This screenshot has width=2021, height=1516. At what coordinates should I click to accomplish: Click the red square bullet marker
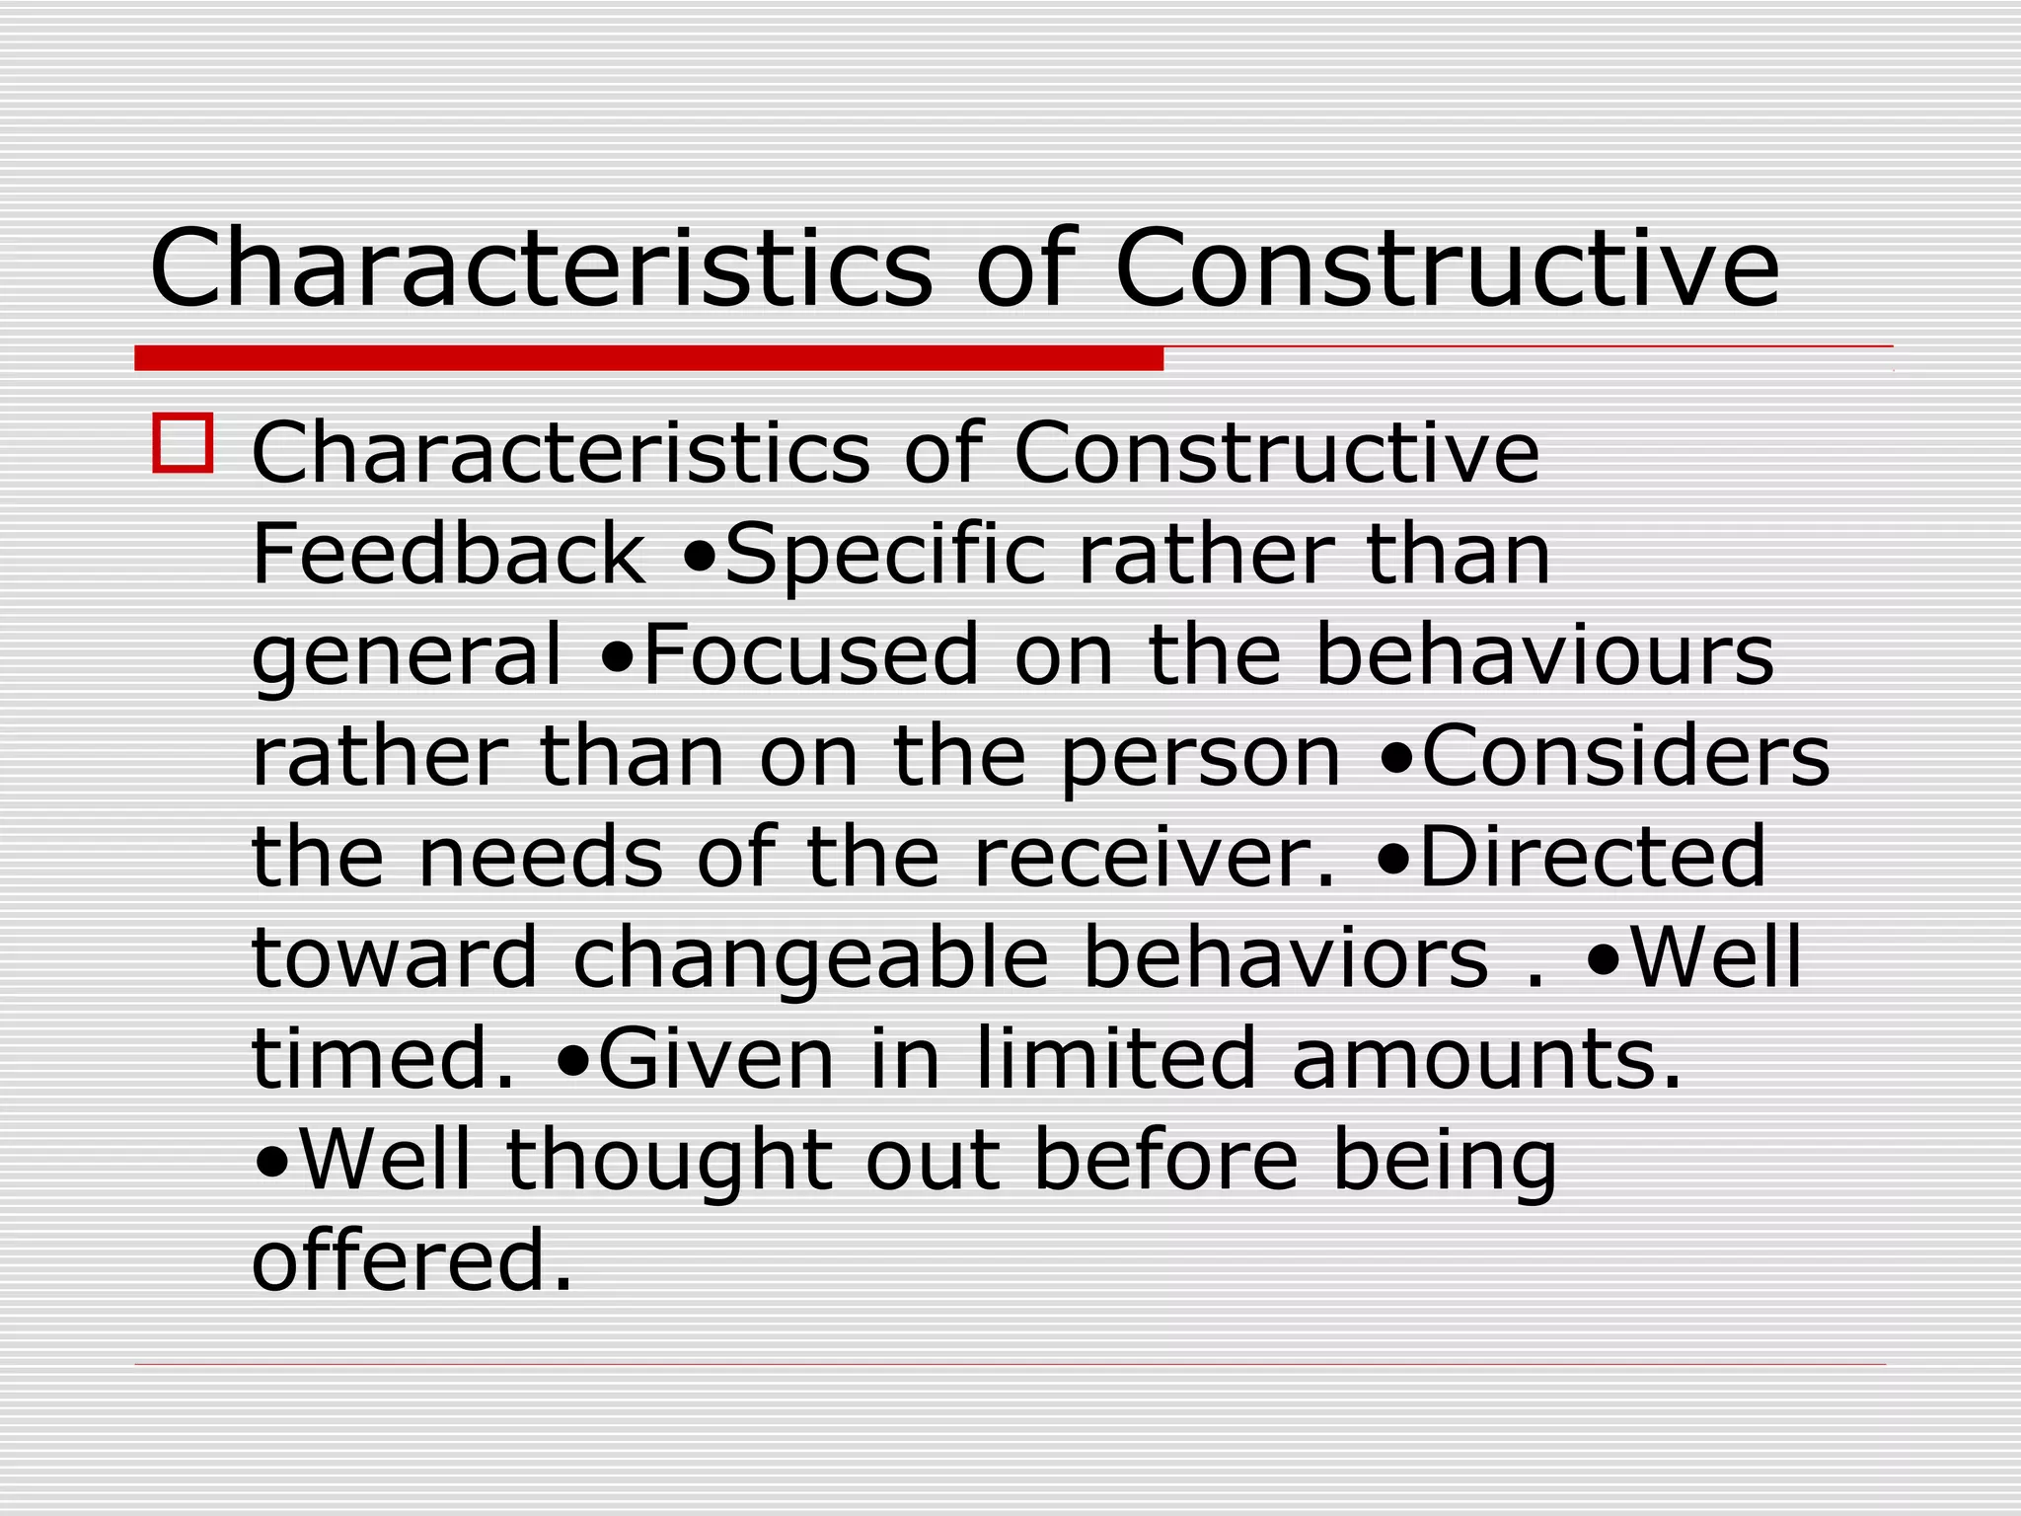pyautogui.click(x=183, y=443)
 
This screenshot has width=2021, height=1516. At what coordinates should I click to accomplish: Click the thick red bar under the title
pyautogui.click(x=648, y=358)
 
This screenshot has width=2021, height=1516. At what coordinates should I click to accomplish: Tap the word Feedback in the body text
pyautogui.click(x=449, y=555)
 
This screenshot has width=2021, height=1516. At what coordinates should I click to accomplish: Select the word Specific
pyautogui.click(x=884, y=557)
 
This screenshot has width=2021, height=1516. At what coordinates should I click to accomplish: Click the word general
pyautogui.click(x=407, y=657)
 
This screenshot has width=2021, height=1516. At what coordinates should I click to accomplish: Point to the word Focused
pyautogui.click(x=809, y=655)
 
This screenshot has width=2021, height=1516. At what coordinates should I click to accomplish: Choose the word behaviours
pyautogui.click(x=1544, y=655)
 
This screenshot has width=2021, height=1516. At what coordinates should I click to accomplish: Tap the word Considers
pyautogui.click(x=1625, y=757)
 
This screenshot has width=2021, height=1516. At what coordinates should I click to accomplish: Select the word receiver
pyautogui.click(x=1153, y=858)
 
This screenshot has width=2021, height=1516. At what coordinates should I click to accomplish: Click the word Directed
pyautogui.click(x=1592, y=858)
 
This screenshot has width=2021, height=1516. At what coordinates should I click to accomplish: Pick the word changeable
pyautogui.click(x=810, y=960)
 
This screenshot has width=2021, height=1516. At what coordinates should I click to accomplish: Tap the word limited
pyautogui.click(x=1115, y=1059)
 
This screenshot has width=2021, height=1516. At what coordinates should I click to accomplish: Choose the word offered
pyautogui.click(x=412, y=1261)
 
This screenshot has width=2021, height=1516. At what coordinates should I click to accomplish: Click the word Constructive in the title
pyautogui.click(x=1447, y=268)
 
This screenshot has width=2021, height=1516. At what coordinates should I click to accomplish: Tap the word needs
pyautogui.click(x=541, y=858)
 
